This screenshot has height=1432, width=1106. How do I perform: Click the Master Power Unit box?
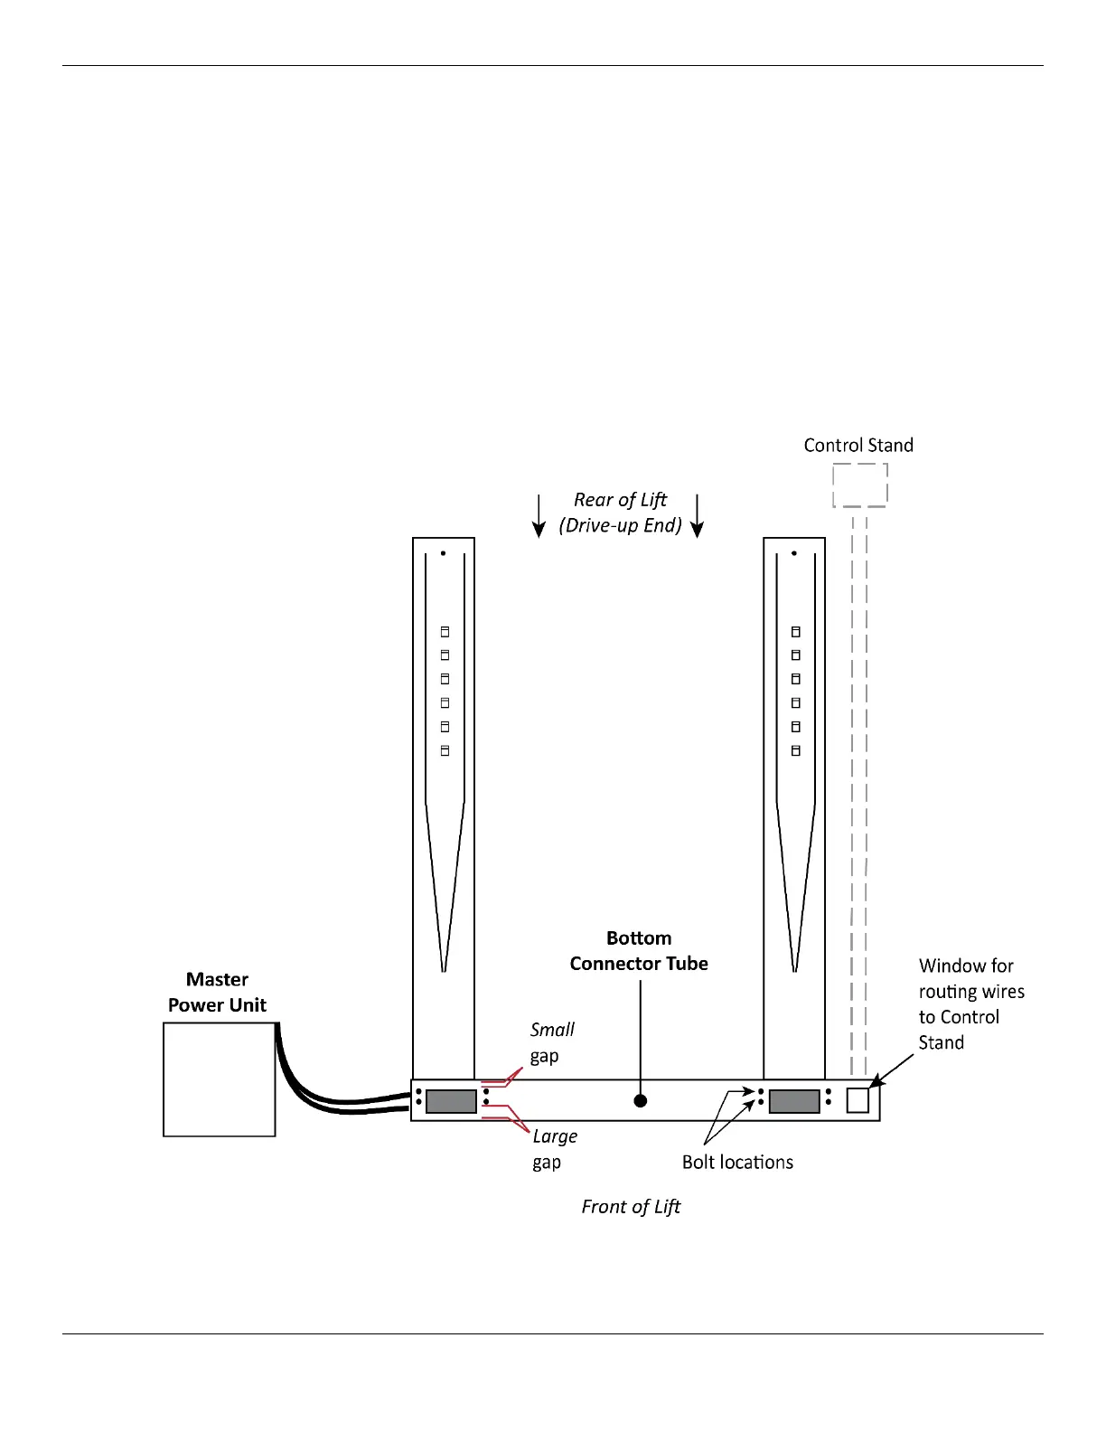[219, 1079]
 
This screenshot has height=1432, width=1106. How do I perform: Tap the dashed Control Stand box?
[859, 485]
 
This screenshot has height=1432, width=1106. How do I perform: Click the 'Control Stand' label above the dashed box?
[858, 445]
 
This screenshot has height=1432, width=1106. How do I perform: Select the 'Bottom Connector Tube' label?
[639, 951]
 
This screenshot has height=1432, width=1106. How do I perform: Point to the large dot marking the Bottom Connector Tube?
[640, 1100]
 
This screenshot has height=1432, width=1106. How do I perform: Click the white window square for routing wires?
[858, 1099]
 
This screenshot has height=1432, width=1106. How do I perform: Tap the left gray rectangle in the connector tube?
[451, 1100]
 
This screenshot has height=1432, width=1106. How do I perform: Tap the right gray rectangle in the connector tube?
[794, 1100]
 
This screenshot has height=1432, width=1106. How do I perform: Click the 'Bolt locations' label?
[737, 1162]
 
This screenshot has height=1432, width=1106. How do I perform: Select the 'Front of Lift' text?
[631, 1206]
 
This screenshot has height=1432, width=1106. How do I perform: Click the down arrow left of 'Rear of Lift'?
[539, 515]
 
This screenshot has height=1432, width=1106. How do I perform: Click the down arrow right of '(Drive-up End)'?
[697, 515]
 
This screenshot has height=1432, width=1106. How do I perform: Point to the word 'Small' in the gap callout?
[552, 1030]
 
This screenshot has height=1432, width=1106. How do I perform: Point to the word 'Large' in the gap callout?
[555, 1136]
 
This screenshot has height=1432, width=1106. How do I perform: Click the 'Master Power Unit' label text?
[217, 992]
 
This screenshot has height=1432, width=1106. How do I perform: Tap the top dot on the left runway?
[443, 553]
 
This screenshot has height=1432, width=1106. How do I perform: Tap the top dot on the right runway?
[794, 553]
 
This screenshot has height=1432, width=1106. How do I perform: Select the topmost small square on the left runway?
[445, 632]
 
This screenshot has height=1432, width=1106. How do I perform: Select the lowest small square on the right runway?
[796, 750]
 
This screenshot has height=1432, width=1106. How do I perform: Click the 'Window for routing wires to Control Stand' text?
[971, 1003]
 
